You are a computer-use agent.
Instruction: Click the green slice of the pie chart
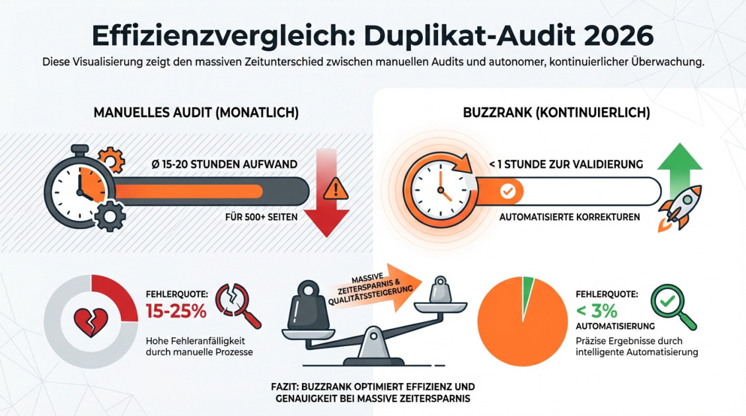(x=527, y=290)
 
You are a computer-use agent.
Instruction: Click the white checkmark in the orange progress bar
(x=507, y=191)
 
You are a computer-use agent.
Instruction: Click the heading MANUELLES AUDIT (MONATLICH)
(x=196, y=113)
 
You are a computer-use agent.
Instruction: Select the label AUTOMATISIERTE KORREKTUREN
(x=569, y=217)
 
